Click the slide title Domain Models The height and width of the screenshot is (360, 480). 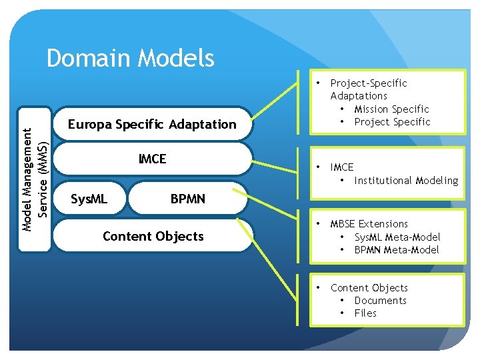[131, 59]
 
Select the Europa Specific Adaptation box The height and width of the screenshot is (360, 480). [152, 124]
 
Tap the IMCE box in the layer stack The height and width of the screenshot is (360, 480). [152, 159]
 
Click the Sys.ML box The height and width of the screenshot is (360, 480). [89, 199]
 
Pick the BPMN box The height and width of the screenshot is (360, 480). [188, 199]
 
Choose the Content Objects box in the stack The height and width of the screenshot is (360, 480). [153, 236]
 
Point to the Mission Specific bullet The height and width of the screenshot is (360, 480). [391, 109]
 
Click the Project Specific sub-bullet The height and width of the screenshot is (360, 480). [392, 121]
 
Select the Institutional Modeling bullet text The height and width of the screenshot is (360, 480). [406, 181]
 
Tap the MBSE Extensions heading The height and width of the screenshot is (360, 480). [369, 224]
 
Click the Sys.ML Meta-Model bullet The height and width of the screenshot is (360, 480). [397, 237]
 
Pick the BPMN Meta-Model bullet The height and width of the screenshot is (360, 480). [396, 249]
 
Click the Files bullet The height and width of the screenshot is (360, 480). [365, 313]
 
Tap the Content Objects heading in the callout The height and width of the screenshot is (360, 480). [369, 288]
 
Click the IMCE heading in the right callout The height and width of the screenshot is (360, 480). [342, 167]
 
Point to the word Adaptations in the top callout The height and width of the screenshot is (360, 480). [359, 96]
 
